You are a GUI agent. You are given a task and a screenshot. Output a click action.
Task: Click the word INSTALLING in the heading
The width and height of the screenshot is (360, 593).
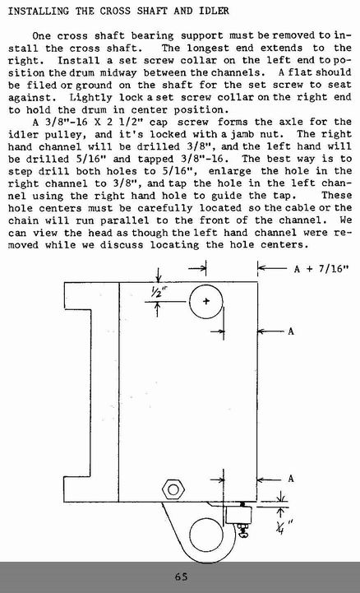pos(38,11)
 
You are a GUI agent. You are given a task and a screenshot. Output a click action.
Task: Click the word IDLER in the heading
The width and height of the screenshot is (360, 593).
pos(214,11)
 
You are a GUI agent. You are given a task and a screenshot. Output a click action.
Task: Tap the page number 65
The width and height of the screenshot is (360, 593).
pos(182,577)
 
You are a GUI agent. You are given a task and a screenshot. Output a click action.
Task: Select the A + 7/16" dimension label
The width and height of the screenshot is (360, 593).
pos(321,269)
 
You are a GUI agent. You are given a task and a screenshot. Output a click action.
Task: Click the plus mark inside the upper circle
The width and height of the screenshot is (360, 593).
pos(205,301)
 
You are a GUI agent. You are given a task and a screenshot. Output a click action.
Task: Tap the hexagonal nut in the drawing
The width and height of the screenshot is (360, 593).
pos(173,489)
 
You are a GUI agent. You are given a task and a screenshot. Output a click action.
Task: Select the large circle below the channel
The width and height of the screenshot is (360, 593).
pos(205,519)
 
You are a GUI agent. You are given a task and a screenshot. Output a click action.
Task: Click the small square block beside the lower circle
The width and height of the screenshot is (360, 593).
pos(238,515)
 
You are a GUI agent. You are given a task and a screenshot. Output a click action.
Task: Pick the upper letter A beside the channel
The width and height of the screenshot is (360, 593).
pos(290,331)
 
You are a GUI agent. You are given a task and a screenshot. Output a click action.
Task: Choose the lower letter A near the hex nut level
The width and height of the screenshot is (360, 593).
pos(290,479)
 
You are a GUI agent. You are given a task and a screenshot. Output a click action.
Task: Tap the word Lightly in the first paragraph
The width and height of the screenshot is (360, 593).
pos(91,97)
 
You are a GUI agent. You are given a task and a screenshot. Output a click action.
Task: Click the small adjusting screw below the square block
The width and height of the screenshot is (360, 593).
pos(243,530)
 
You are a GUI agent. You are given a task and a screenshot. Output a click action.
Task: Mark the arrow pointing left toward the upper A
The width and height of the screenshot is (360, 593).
pos(270,331)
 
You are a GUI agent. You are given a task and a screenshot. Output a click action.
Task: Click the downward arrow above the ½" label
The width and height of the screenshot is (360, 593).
pos(159,275)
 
